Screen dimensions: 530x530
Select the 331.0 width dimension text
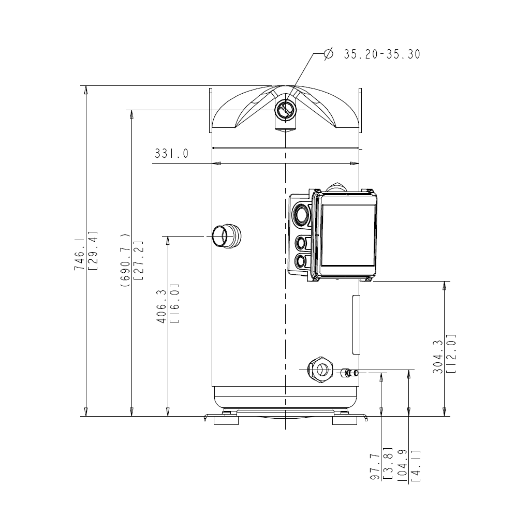coord(171,154)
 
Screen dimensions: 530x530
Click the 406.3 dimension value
coord(161,306)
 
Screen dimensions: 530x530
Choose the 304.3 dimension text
coord(438,358)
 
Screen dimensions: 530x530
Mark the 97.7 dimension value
coord(375,466)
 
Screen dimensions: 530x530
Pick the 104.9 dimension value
coord(403,466)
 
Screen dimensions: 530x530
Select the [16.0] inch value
coord(174,304)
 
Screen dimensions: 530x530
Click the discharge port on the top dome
coord(284,110)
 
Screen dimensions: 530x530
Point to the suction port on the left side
coord(226,236)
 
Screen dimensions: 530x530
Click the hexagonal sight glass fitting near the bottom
coord(321,370)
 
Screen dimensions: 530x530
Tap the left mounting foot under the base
coord(226,419)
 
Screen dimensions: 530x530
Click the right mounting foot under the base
coord(344,419)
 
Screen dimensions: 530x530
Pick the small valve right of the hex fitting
coord(347,372)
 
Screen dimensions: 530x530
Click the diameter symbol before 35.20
coord(328,54)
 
